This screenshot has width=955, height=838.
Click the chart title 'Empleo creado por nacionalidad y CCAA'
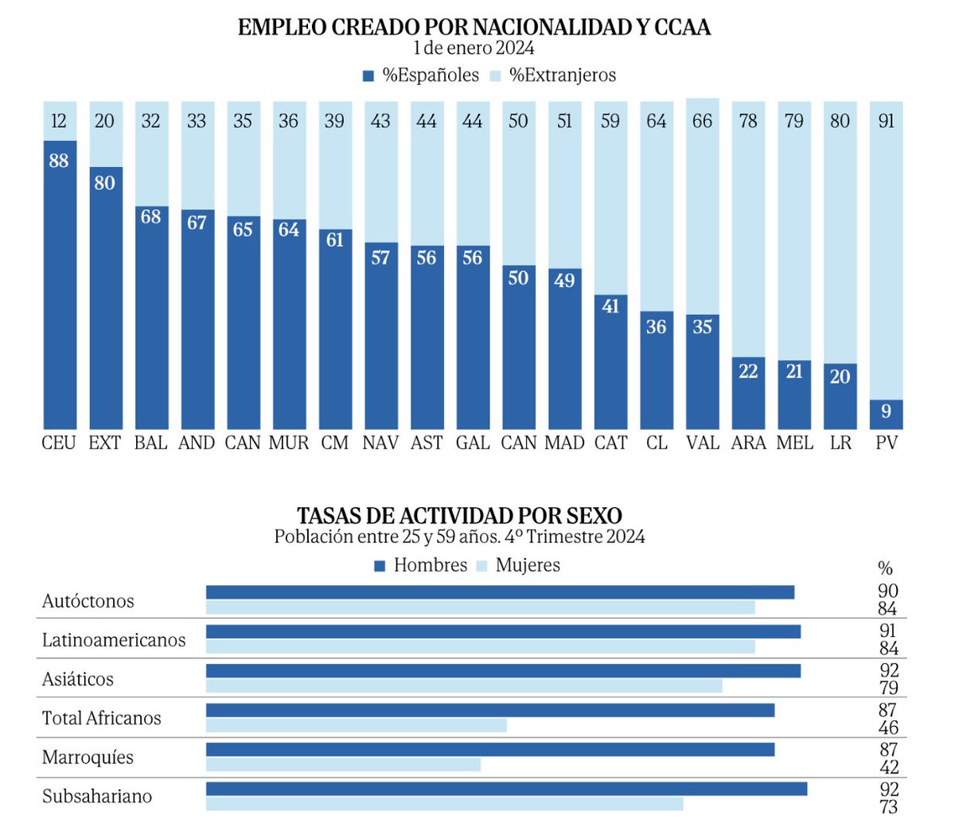[474, 27]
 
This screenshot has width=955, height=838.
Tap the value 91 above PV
[886, 121]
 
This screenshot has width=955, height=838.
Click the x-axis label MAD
[564, 443]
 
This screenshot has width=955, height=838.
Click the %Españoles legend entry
[421, 76]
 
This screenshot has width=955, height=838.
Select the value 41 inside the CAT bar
[610, 306]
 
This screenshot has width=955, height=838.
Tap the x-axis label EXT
[104, 443]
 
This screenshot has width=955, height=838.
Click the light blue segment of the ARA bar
[748, 239]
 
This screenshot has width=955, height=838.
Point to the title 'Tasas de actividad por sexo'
[459, 515]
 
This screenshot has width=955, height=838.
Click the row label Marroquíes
[88, 758]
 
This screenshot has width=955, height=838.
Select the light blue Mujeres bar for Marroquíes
[343, 764]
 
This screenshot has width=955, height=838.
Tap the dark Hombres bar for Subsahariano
[506, 789]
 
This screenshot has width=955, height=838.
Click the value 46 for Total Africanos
[888, 727]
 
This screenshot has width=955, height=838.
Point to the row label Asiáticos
[78, 679]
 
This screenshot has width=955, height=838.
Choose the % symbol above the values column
[885, 568]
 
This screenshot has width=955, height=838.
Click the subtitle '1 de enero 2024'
[474, 48]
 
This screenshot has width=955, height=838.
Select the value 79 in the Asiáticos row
[888, 688]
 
